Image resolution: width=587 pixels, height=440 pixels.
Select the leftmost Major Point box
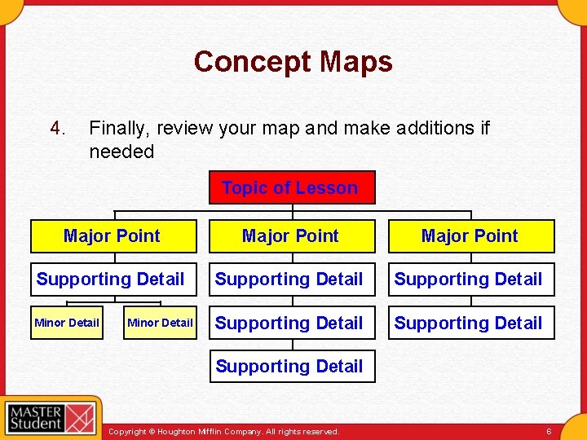click(x=113, y=236)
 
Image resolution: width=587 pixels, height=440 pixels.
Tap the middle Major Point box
click(x=292, y=236)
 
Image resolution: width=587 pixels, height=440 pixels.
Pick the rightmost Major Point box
click(x=470, y=236)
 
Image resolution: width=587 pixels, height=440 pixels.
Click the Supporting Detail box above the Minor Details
click(x=113, y=279)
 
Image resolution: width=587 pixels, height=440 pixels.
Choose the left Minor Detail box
click(x=67, y=323)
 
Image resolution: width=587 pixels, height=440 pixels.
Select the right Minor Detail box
click(x=160, y=323)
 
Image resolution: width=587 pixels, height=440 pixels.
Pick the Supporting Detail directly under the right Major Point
click(x=470, y=279)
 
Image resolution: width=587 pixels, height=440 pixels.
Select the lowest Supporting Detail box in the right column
click(x=470, y=323)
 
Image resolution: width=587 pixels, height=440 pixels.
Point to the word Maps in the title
click(x=356, y=62)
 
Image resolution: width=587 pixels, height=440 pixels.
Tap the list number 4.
click(x=56, y=128)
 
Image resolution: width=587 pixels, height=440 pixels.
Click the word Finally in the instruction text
click(x=119, y=128)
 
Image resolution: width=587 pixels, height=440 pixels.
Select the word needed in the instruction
click(x=121, y=152)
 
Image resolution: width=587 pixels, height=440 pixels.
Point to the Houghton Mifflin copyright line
click(x=223, y=430)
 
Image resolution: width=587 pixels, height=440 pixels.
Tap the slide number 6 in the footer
click(x=549, y=430)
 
